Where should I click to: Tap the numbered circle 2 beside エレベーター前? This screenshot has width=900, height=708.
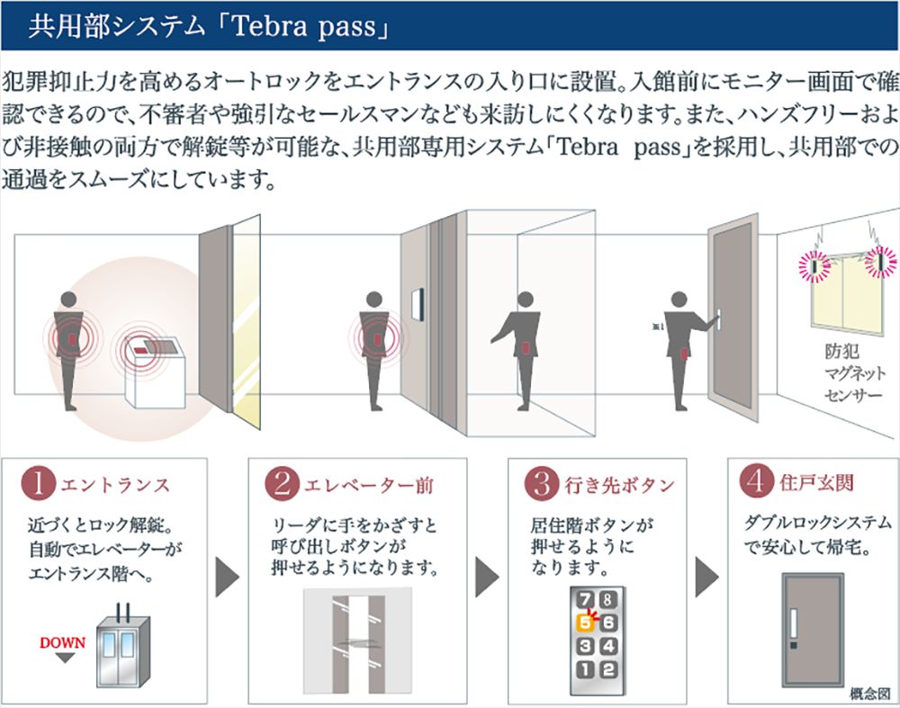pos(281,485)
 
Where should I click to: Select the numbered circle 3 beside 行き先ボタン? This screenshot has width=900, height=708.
pos(542,485)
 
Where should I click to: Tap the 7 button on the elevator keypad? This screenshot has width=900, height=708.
pos(586,599)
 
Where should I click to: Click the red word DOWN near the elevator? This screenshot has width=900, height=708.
pos(63,642)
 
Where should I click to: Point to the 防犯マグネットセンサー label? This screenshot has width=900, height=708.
pos(848,372)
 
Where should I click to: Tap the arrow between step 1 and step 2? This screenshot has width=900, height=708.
pos(228,577)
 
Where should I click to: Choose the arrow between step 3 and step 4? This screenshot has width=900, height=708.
pos(707,577)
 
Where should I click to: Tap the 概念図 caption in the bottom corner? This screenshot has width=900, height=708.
pos(869,694)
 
